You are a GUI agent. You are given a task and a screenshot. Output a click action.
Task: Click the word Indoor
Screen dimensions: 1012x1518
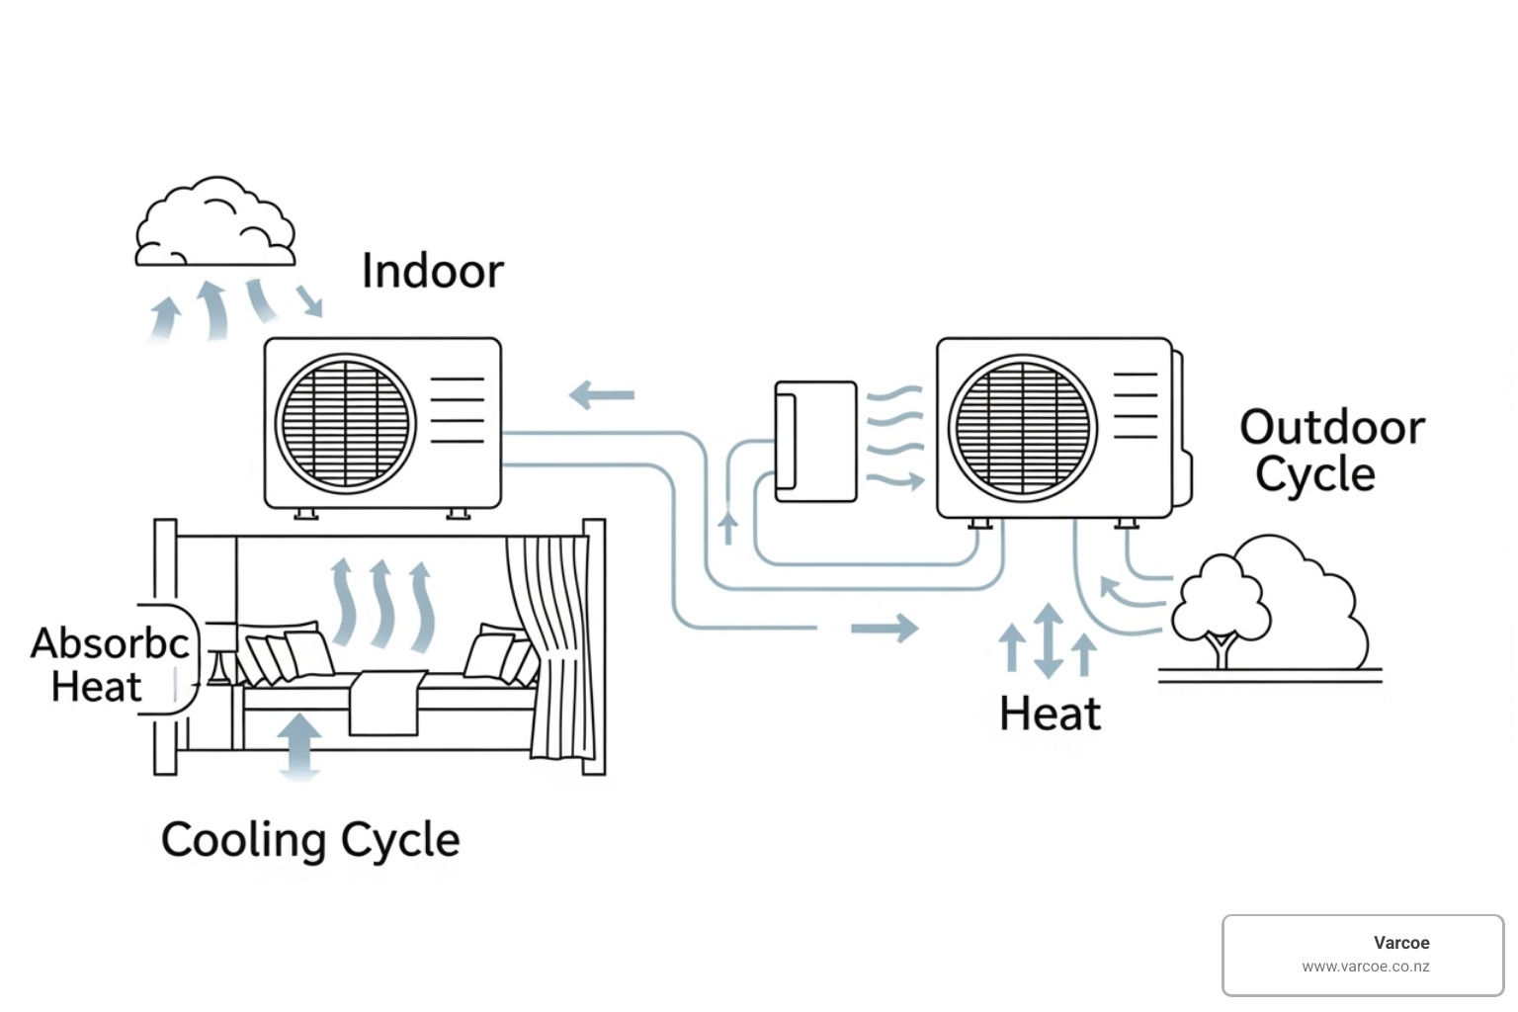tap(433, 271)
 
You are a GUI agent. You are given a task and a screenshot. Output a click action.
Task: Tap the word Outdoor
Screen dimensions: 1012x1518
tap(1332, 428)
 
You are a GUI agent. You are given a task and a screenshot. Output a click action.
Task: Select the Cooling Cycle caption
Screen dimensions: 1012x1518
tap(310, 841)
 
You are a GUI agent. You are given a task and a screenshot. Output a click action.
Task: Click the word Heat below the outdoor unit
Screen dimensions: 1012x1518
tap(1050, 714)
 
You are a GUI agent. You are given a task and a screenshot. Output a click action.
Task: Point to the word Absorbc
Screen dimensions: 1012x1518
tap(110, 643)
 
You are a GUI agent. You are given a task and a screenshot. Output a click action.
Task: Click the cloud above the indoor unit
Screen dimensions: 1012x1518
tap(214, 224)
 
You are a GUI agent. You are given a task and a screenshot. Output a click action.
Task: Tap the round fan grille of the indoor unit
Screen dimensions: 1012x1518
tap(345, 424)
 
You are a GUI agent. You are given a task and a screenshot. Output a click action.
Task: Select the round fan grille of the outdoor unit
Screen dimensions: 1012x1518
tap(1023, 428)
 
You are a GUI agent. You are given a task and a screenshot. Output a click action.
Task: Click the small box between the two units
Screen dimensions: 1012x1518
tap(815, 441)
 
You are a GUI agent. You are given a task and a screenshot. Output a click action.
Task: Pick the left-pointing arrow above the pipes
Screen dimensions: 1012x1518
tap(602, 395)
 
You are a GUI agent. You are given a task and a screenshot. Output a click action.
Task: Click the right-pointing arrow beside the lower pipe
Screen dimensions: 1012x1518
tap(885, 628)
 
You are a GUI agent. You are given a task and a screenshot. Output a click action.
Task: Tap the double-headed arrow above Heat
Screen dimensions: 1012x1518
tap(1049, 640)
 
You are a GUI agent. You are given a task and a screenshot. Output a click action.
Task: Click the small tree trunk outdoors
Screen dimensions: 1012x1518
tap(1223, 652)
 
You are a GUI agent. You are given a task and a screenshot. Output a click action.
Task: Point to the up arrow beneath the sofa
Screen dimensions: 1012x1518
tap(299, 744)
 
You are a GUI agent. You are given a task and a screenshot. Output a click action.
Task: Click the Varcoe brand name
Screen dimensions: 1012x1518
tap(1401, 943)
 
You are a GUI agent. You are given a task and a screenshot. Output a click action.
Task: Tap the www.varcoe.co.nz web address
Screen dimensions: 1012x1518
tap(1365, 968)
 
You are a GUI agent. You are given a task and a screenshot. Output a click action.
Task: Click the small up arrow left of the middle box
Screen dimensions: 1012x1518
tap(728, 526)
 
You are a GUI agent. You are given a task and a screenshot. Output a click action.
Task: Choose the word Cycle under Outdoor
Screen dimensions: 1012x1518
tap(1315, 474)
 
